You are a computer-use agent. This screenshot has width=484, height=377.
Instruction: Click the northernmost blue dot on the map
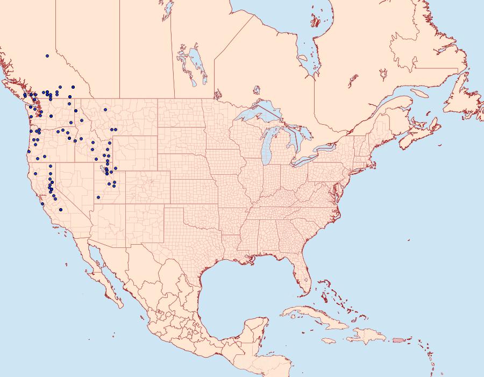[x=47, y=55]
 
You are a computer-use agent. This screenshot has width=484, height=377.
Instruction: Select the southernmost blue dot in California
[x=61, y=210]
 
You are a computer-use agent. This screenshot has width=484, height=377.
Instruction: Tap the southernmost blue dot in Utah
[x=98, y=197]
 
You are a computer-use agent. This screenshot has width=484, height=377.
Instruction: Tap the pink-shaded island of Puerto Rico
[x=398, y=339]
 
